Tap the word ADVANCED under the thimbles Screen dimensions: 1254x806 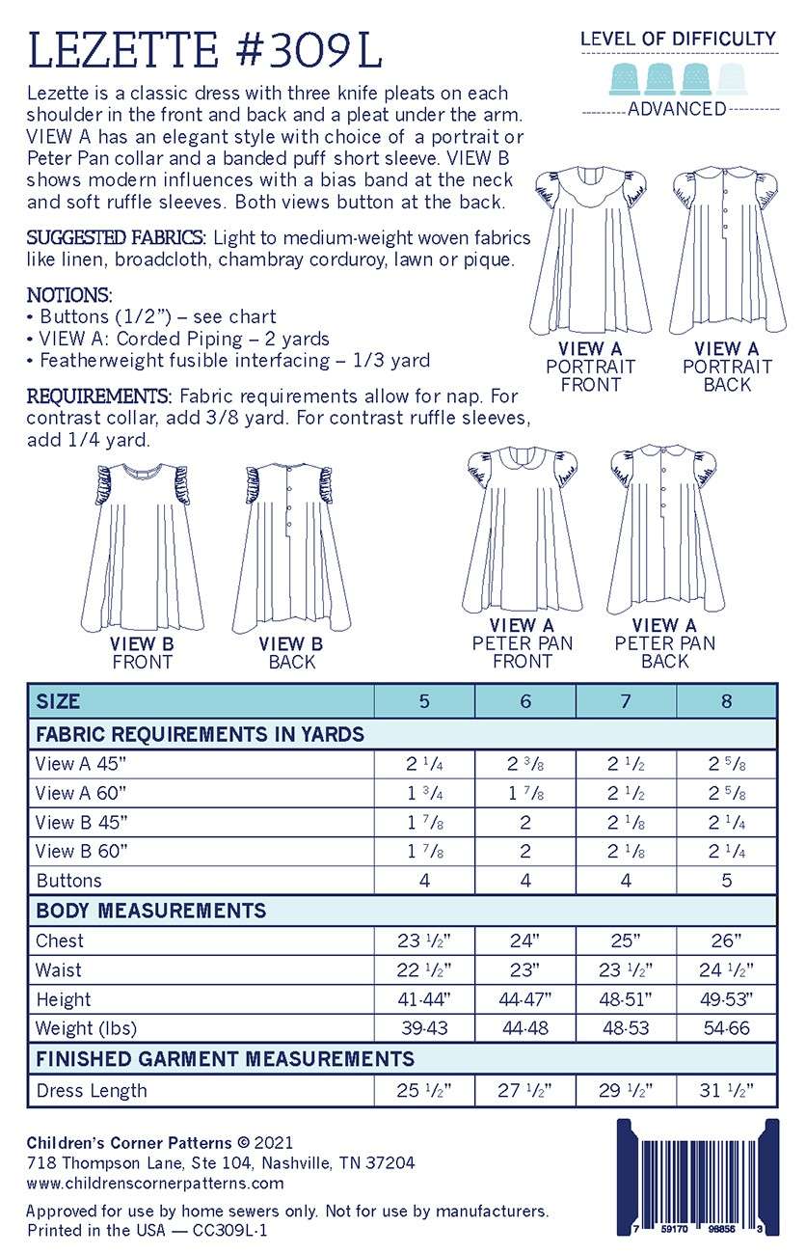[x=677, y=109]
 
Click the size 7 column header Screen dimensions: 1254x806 [x=626, y=701]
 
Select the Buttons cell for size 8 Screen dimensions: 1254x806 [x=726, y=881]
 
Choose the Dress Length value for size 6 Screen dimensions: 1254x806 [x=525, y=1091]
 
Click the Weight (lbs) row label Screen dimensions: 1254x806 [x=86, y=1028]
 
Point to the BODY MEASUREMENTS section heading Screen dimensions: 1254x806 [x=151, y=911]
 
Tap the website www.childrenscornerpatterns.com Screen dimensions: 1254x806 [x=155, y=1183]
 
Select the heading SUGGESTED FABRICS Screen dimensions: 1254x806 [x=116, y=237]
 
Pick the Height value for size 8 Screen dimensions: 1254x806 [x=726, y=1000]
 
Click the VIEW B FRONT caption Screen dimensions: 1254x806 [x=142, y=653]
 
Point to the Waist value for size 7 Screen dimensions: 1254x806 [x=626, y=970]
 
